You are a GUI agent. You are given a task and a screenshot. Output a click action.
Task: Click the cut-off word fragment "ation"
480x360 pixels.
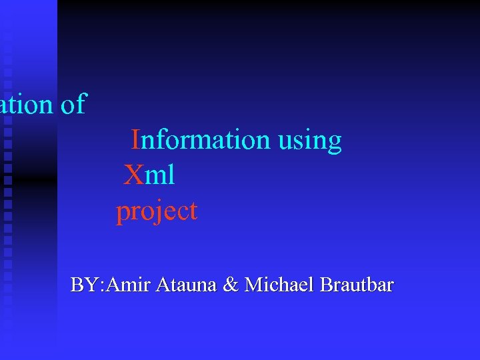25,105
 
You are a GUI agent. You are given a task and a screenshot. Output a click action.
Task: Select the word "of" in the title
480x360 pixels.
73,105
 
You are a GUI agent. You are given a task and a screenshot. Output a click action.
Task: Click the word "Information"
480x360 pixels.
200,141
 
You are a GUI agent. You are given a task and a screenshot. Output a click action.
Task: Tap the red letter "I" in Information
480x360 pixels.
135,141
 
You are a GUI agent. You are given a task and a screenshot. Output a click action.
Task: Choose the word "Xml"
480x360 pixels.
150,176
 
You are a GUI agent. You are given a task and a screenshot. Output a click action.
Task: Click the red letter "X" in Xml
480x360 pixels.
133,176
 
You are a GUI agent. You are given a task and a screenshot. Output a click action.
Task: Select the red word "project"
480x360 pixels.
157,212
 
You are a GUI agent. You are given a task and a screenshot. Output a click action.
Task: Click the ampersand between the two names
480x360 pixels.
231,285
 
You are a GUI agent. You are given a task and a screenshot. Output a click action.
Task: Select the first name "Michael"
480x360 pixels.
279,285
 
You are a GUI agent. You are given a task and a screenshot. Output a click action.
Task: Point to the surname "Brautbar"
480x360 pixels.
357,285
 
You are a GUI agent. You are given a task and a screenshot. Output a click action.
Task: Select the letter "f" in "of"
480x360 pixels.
81,104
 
